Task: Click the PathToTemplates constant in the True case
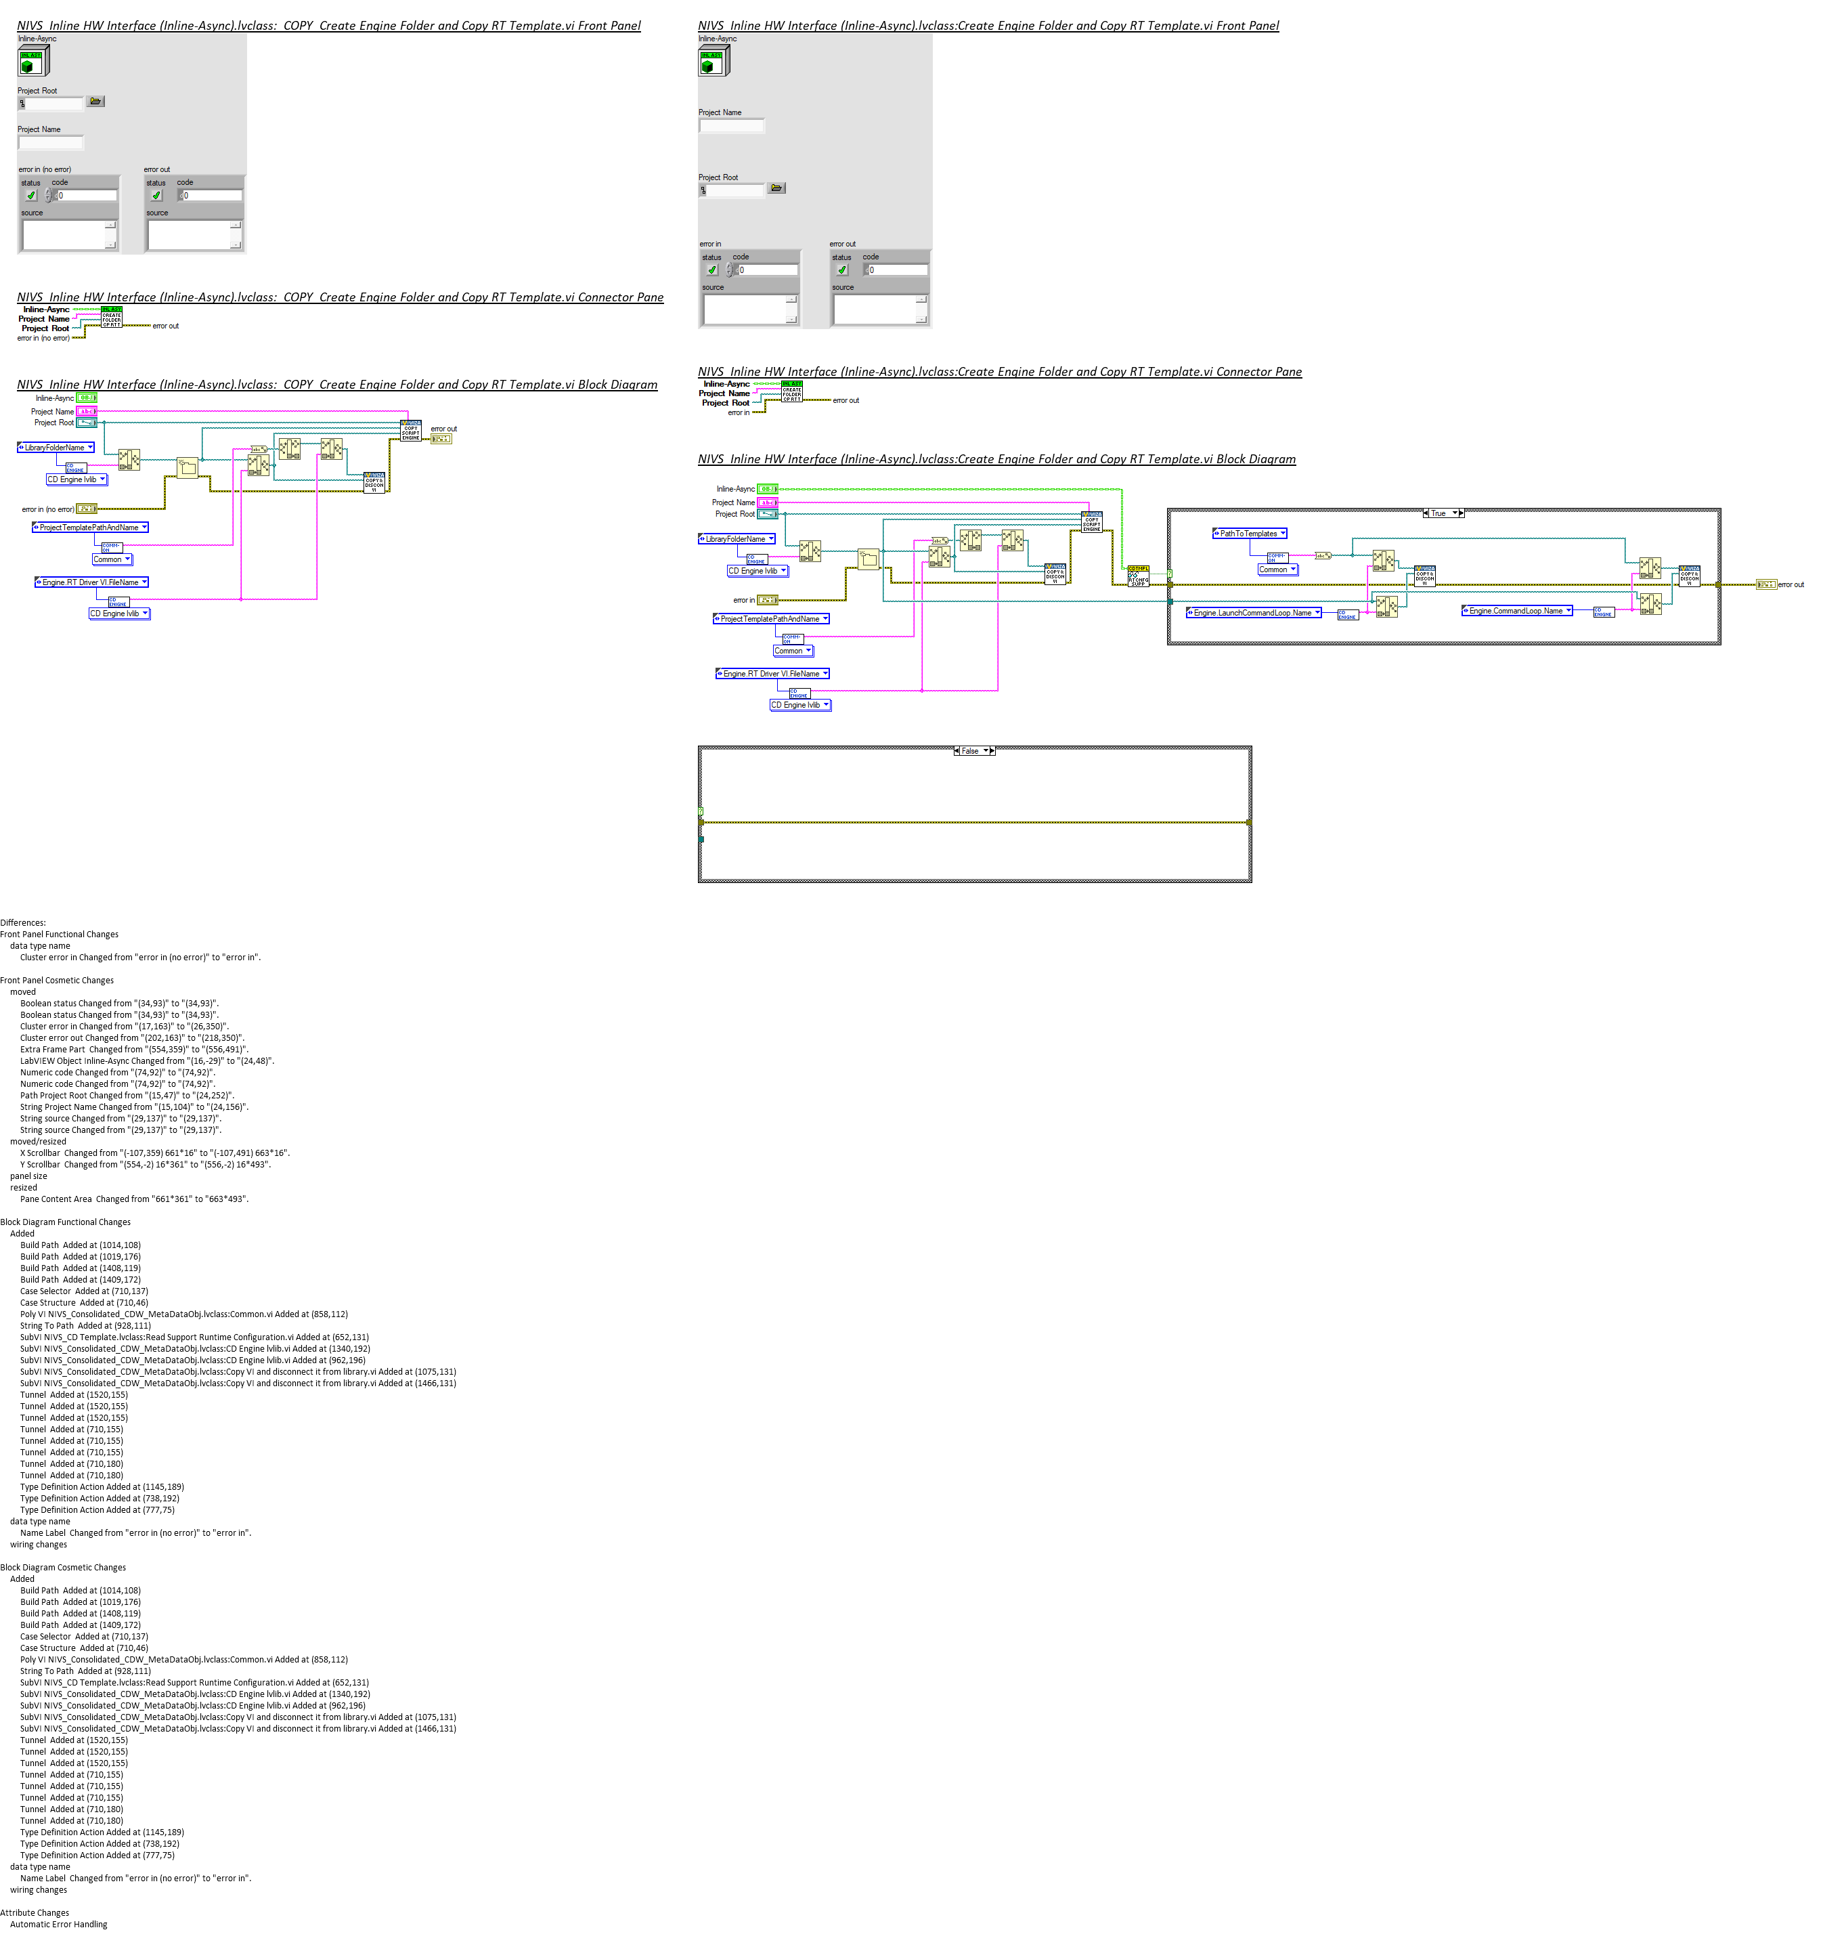[1248, 534]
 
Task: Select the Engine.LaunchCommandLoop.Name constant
[1252, 613]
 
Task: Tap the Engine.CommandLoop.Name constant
[1516, 611]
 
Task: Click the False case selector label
[971, 750]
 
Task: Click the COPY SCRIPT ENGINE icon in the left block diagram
[411, 430]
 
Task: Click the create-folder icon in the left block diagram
[187, 468]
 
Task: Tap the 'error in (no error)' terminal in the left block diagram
[87, 509]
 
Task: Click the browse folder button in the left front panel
[95, 101]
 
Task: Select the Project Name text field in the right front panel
[731, 126]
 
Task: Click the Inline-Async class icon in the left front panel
[32, 61]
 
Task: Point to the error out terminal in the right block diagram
[1765, 584]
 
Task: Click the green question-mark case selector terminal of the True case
[1169, 574]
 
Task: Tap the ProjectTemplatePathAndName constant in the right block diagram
[770, 619]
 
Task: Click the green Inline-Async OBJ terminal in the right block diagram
[767, 489]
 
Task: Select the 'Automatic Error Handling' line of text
[58, 1925]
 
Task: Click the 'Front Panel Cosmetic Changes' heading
[57, 981]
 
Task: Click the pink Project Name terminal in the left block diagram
[87, 412]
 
